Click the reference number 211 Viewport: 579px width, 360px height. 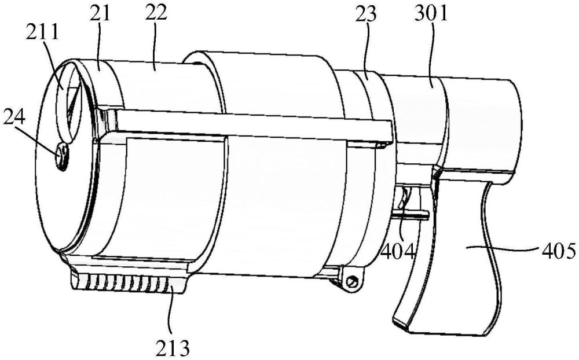(42, 34)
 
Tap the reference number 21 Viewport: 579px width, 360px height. (100, 14)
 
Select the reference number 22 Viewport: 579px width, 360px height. (155, 13)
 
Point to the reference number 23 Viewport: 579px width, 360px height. (365, 14)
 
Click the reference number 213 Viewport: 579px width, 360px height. (173, 348)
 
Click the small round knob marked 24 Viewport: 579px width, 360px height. (61, 157)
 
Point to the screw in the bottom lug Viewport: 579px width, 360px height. (352, 281)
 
